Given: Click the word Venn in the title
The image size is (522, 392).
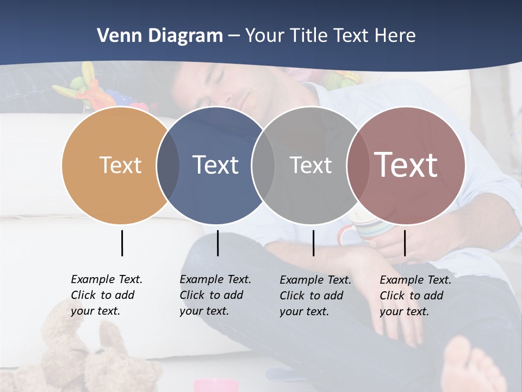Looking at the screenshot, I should [x=113, y=36].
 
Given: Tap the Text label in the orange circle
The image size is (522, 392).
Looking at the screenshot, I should [x=120, y=165].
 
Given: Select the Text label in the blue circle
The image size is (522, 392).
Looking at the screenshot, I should [x=215, y=165].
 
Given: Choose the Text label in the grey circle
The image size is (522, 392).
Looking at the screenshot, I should [x=310, y=165].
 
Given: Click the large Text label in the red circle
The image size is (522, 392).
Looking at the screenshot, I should [x=406, y=165].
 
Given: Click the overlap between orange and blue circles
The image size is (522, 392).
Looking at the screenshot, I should [x=168, y=166].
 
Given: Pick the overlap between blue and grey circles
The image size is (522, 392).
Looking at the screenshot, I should [x=263, y=166].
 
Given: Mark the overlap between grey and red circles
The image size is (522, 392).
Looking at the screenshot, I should [x=357, y=166].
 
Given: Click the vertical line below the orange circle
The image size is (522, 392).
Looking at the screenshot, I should [x=122, y=243].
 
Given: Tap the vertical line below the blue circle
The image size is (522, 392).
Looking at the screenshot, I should [x=217, y=243].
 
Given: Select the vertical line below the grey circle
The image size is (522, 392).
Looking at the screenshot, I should [x=313, y=243].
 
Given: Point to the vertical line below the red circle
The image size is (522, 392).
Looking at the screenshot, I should [x=405, y=243].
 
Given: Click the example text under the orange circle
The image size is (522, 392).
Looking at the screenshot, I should [x=106, y=295].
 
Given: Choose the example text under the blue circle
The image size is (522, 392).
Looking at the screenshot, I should [x=215, y=295].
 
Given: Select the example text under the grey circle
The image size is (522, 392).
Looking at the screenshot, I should [x=315, y=296].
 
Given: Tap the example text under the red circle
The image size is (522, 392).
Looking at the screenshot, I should [x=415, y=296].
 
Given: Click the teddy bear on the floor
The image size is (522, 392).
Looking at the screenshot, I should [x=82, y=354].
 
